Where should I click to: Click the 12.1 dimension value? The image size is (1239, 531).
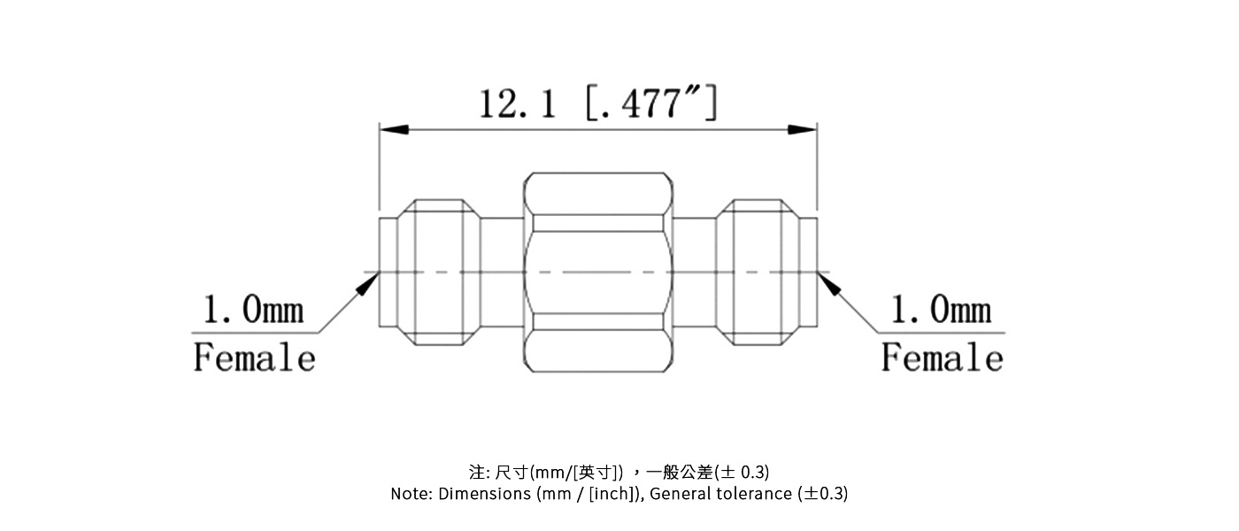[518, 104]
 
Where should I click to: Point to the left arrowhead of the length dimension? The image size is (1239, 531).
[395, 129]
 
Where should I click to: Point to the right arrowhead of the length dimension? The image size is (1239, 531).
[802, 129]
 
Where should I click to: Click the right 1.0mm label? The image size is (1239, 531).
[941, 311]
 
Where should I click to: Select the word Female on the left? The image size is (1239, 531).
[255, 358]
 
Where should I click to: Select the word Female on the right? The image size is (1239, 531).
[943, 358]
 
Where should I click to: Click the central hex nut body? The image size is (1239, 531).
[597, 272]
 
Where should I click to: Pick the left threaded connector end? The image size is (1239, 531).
[430, 272]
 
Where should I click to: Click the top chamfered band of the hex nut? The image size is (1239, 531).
[597, 194]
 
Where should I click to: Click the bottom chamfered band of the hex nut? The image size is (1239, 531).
[597, 350]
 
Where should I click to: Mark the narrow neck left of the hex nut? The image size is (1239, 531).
[502, 272]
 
